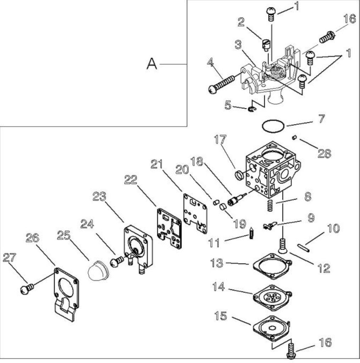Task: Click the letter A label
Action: click(152, 64)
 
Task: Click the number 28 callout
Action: click(324, 153)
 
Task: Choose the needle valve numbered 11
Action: click(251, 234)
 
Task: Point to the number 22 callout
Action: click(131, 179)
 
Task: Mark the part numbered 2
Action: click(266, 44)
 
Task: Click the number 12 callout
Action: click(323, 268)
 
